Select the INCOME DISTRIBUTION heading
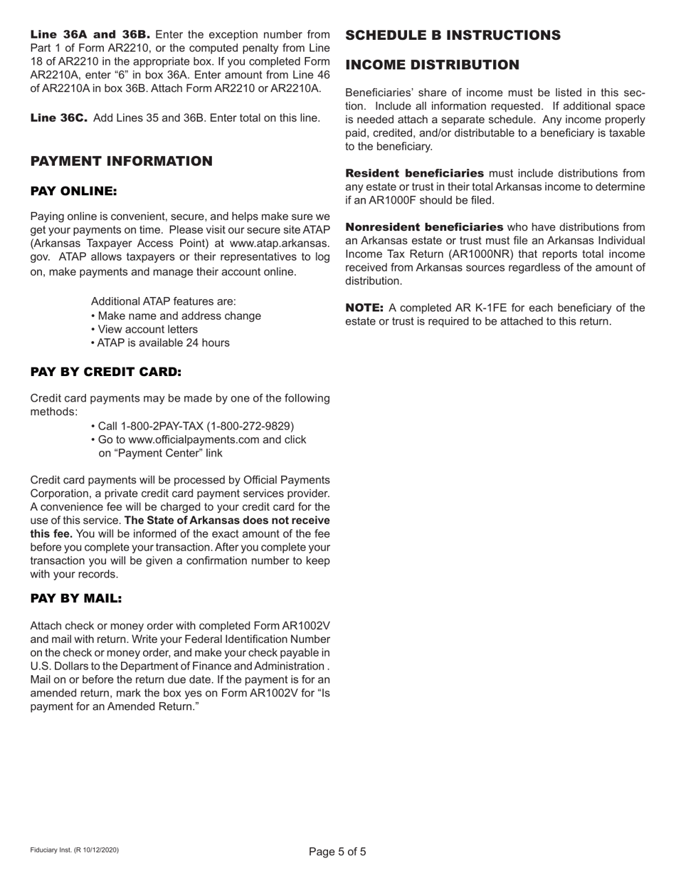pyautogui.click(x=433, y=66)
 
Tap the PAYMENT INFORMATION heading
pyautogui.click(x=121, y=161)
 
